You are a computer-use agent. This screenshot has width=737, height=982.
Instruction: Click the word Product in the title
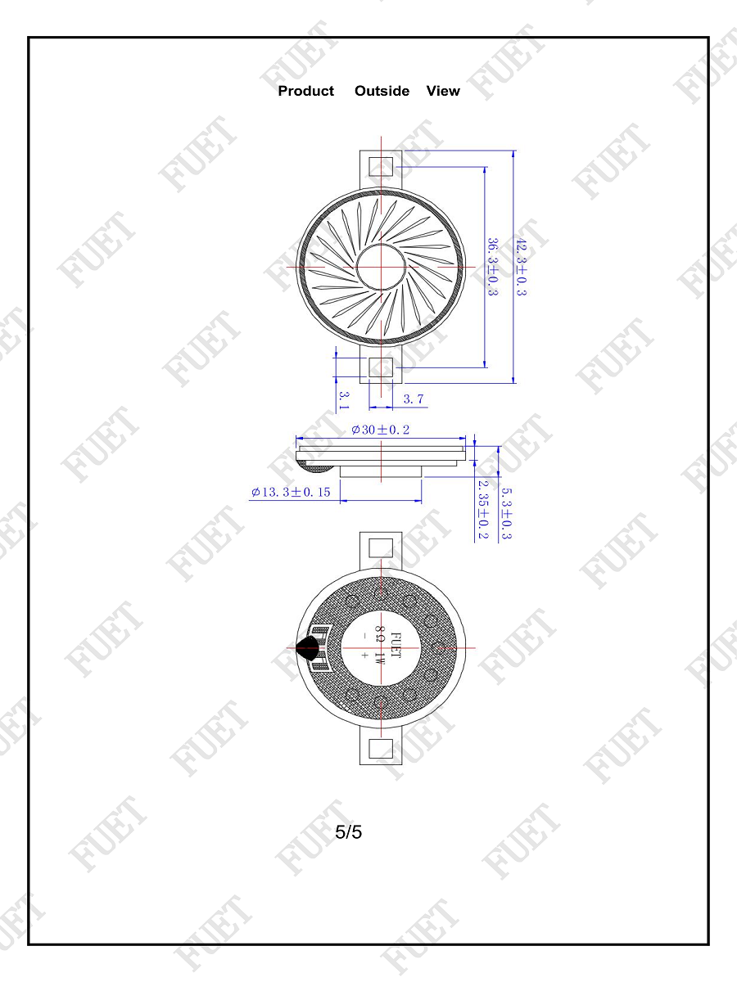(x=305, y=91)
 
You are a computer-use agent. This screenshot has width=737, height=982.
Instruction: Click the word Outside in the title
(x=382, y=91)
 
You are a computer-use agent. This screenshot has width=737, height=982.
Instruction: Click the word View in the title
(x=443, y=91)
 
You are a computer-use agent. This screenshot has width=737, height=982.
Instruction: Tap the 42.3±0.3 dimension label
(x=522, y=267)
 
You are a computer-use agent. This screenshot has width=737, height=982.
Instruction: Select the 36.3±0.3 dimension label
(x=492, y=267)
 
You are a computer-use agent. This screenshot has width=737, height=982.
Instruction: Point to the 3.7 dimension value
(x=413, y=399)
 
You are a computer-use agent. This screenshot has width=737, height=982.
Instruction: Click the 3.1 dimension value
(x=344, y=400)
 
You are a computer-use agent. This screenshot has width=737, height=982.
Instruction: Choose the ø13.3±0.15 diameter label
(x=291, y=492)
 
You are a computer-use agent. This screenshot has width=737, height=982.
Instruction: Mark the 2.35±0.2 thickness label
(x=483, y=510)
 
